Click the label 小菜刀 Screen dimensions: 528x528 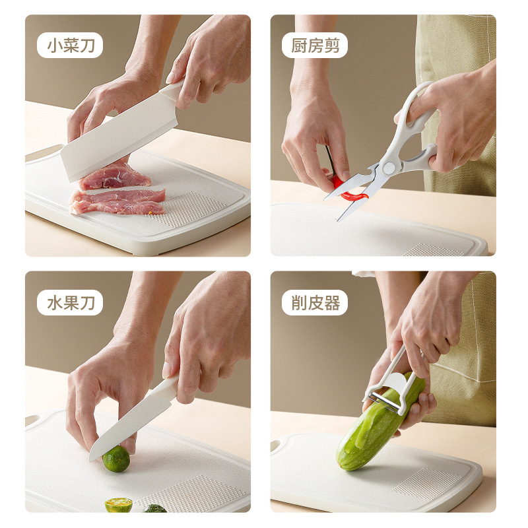click(69, 46)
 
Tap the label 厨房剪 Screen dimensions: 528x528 click(314, 46)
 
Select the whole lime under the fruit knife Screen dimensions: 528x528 click(117, 458)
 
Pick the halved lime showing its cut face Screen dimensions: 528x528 click(119, 505)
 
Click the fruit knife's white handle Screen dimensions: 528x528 click(165, 389)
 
